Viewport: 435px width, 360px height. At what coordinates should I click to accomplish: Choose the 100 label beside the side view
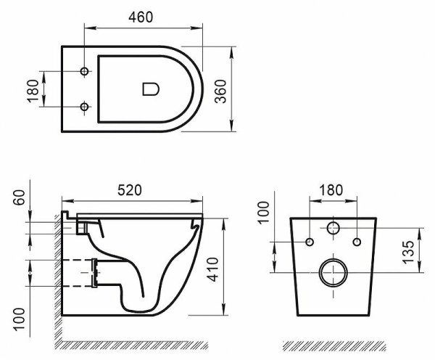19,317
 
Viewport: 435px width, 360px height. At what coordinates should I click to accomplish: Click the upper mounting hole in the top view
85,72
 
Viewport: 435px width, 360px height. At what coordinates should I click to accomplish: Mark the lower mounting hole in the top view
85,107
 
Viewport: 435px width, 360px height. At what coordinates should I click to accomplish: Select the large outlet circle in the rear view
333,272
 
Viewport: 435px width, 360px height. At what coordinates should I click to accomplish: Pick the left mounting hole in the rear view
310,241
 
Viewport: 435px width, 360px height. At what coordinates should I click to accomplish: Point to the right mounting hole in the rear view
357,241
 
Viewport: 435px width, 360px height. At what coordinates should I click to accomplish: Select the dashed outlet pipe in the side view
81,272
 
